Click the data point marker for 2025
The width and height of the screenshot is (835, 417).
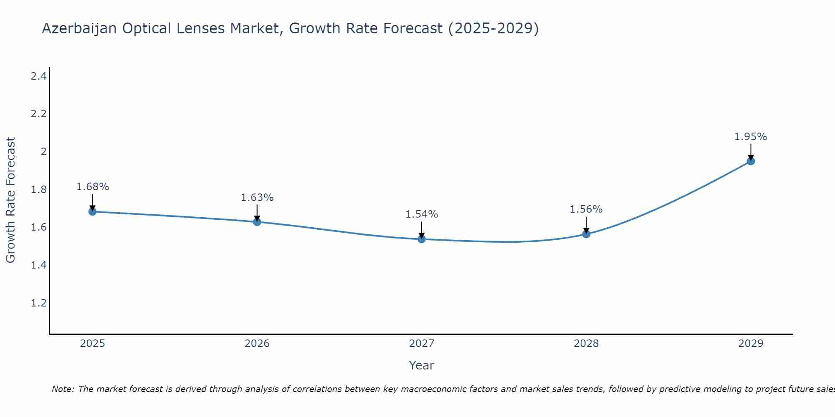[x=92, y=211]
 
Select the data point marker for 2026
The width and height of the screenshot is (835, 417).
[x=257, y=222]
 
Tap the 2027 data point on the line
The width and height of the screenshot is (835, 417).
[x=422, y=239]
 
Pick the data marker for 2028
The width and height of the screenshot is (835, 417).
[x=586, y=234]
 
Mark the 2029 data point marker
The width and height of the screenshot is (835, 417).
[x=751, y=161]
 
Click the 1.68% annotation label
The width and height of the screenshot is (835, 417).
[x=92, y=187]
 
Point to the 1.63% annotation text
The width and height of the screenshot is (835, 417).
[x=257, y=198]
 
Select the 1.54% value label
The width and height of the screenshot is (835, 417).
[x=422, y=214]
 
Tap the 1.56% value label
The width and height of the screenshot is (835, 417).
[x=586, y=209]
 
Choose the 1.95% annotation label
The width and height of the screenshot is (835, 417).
[x=751, y=137]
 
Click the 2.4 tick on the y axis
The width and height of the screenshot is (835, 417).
[x=38, y=76]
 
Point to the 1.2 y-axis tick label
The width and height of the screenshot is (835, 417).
[x=38, y=303]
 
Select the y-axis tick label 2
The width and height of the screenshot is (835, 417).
[x=43, y=151]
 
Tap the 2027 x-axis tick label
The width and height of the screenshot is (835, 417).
[x=422, y=344]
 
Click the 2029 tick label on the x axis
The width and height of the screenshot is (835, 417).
[x=751, y=344]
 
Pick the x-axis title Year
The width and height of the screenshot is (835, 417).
[x=422, y=365]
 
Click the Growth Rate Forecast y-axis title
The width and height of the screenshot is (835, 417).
[x=10, y=200]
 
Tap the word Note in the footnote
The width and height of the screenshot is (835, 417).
[x=63, y=389]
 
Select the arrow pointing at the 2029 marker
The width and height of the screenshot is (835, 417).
[x=751, y=152]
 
